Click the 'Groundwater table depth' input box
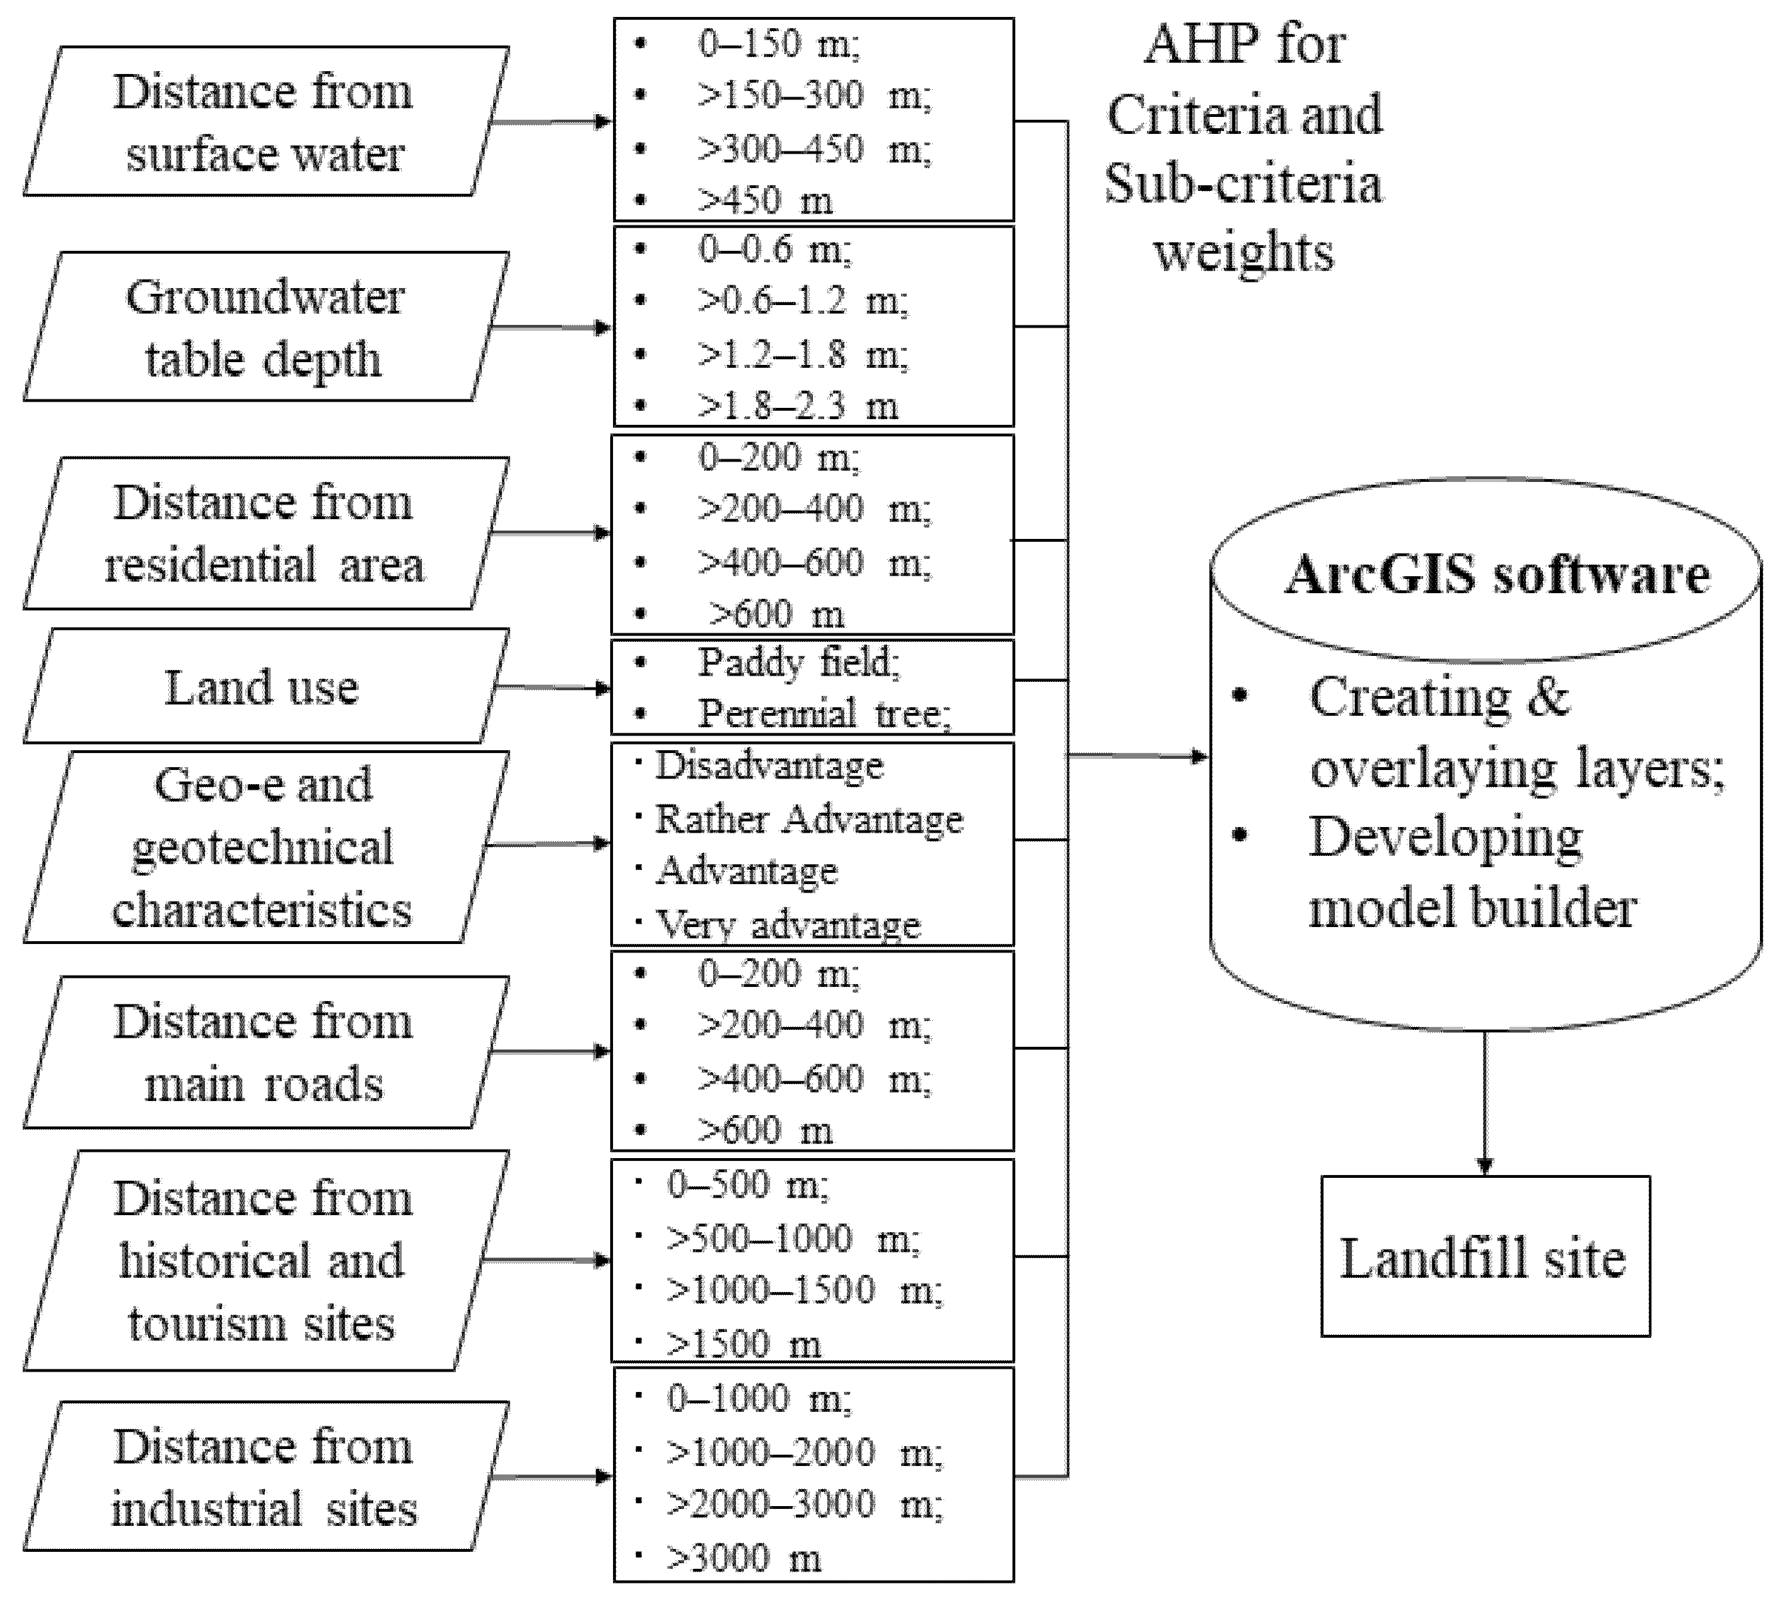coord(264,327)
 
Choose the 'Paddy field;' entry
coord(798,663)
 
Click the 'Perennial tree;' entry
coord(823,714)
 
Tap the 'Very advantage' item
coord(787,925)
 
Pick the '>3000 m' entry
coord(743,1558)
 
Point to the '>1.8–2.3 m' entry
coord(797,406)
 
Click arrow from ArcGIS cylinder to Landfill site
coord(1485,1104)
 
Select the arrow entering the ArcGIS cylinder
coord(1139,756)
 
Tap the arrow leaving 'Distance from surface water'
coord(550,121)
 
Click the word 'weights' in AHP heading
coord(1243,253)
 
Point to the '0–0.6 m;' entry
coord(774,250)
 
